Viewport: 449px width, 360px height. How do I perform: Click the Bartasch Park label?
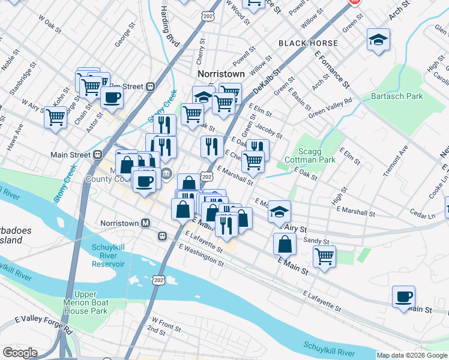click(x=397, y=96)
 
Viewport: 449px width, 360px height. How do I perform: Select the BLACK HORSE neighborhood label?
click(x=301, y=44)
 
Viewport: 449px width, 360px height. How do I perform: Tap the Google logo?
click(x=20, y=353)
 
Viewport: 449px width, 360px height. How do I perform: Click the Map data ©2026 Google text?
click(x=412, y=355)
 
